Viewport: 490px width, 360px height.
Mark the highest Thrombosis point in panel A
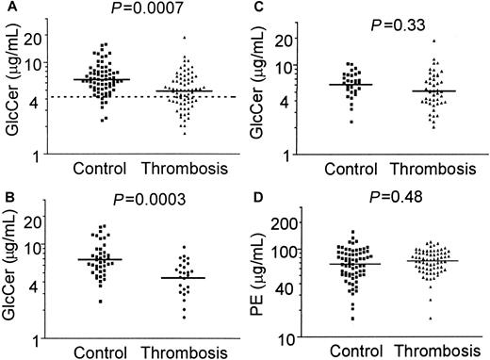pos(186,38)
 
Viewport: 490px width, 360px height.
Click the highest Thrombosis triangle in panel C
pos(433,41)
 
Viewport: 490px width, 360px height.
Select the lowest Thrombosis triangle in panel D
pos(431,318)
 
